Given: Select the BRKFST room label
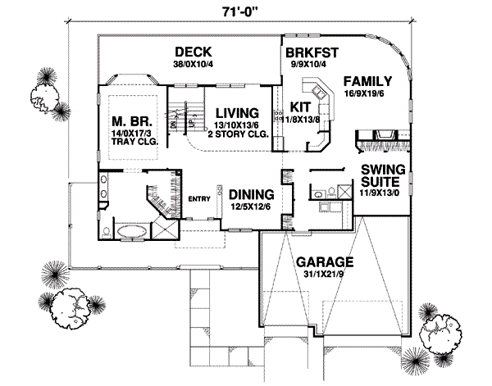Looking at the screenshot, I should point(312,52).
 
